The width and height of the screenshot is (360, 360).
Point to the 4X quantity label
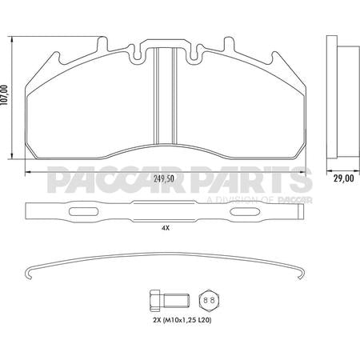pyautogui.click(x=165, y=228)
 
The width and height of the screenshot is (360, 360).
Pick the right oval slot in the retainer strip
pyautogui.click(x=248, y=213)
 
